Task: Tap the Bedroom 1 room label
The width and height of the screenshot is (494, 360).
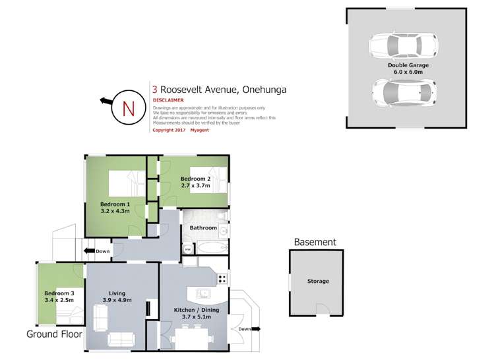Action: point(115,204)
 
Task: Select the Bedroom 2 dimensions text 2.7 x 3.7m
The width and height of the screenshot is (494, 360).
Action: point(195,186)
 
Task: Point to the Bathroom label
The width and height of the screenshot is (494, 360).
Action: point(203,228)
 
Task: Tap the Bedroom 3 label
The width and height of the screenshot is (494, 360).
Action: point(58,293)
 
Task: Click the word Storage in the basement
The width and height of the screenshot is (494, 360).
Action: point(318,282)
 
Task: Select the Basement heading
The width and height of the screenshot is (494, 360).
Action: point(315,243)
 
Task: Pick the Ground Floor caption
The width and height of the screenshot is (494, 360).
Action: point(54,334)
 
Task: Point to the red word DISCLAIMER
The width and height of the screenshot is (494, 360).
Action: point(168,101)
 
